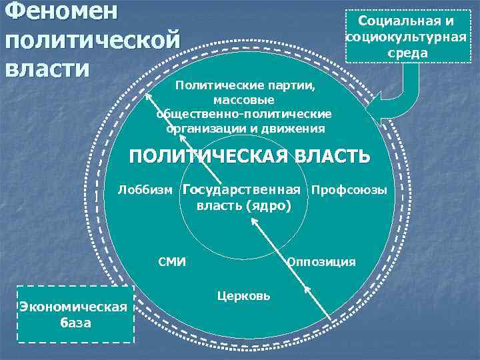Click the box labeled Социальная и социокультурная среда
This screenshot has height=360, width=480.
406,37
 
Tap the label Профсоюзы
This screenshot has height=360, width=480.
349,190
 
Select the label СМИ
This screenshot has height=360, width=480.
172,262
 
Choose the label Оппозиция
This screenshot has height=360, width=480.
321,262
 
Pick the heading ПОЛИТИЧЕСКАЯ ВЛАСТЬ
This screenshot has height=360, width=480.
249,157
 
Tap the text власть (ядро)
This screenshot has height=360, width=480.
244,206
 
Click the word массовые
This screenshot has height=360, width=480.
244,100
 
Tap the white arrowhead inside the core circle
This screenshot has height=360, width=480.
253,225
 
